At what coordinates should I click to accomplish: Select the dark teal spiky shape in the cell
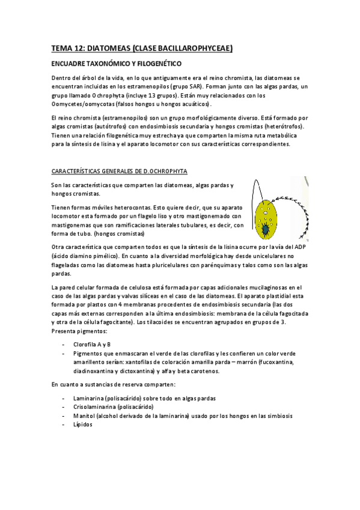266,229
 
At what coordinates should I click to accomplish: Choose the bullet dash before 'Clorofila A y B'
64,345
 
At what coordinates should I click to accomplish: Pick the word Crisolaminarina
95,407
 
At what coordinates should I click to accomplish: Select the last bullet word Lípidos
83,425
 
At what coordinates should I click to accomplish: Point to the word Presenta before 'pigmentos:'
67,331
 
